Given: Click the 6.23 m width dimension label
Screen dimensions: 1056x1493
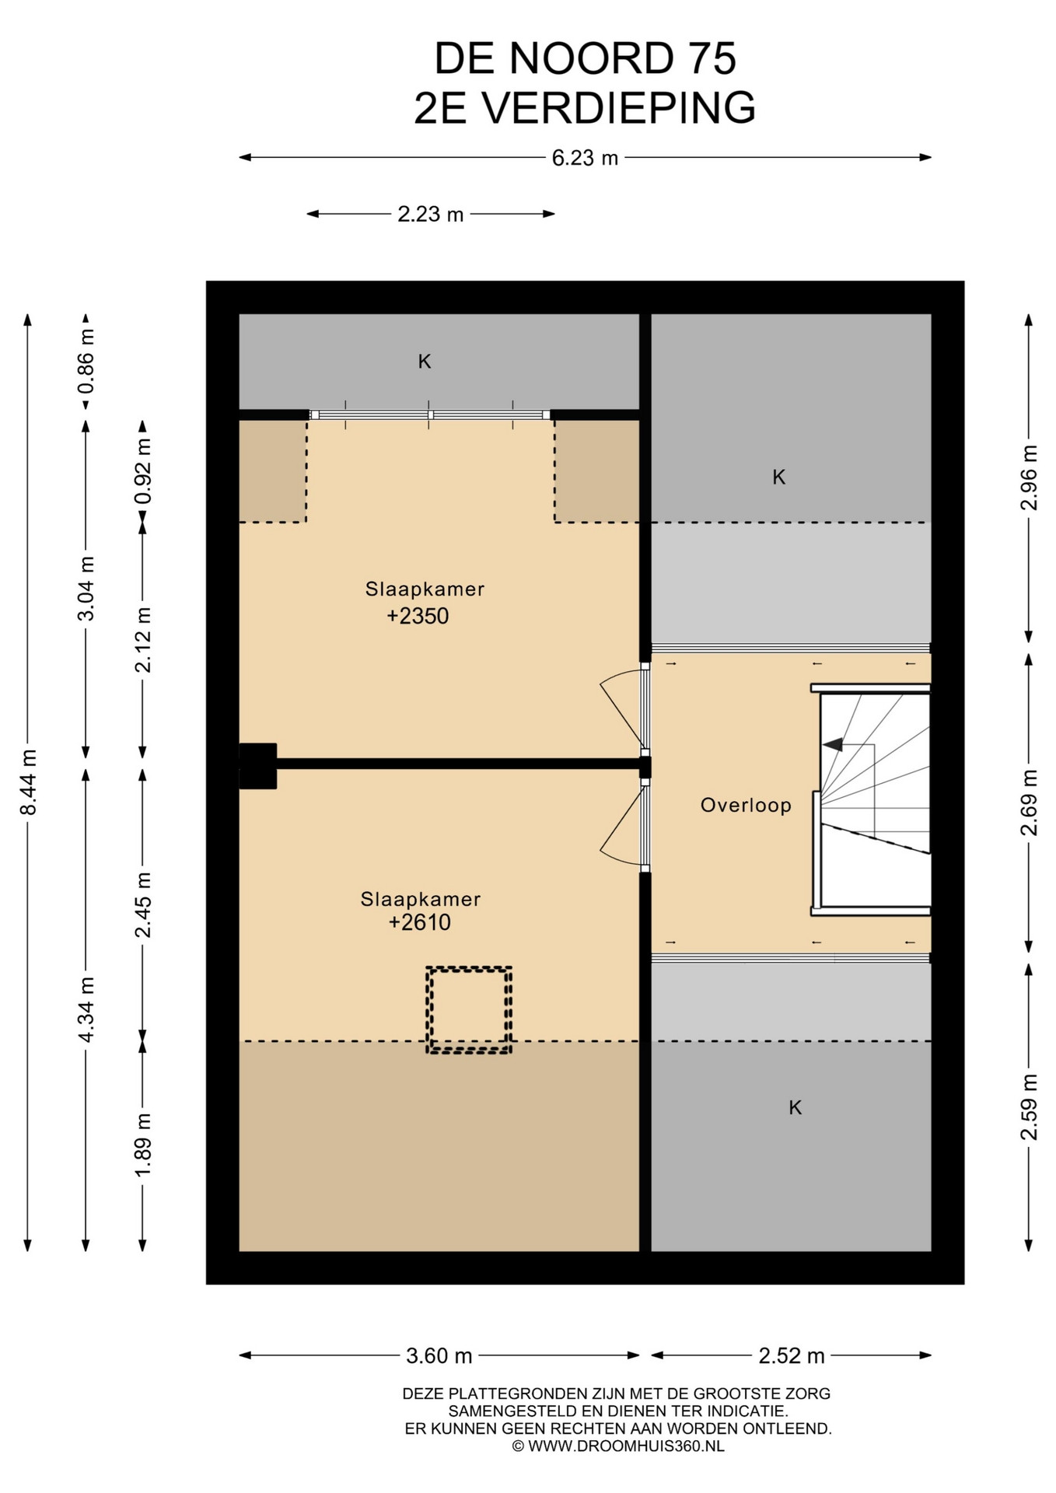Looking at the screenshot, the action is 585,158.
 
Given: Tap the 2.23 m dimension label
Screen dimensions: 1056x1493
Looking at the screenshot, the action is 430,214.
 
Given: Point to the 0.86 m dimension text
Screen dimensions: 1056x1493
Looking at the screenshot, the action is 86,360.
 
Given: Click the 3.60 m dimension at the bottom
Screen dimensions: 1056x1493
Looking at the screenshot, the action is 439,1355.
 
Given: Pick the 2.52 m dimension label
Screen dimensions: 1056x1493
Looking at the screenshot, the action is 791,1355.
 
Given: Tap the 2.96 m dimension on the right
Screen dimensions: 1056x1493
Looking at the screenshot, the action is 1029,477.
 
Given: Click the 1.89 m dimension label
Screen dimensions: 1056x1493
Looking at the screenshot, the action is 143,1145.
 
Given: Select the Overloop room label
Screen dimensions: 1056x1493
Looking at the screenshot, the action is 746,805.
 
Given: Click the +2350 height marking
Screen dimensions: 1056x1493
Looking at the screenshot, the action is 418,616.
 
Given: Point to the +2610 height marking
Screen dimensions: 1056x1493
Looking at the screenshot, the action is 420,922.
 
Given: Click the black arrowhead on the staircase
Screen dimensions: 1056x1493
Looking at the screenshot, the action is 833,744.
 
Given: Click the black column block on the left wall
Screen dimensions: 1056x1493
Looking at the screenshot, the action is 257,766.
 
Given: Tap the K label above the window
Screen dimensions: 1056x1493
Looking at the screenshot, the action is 425,361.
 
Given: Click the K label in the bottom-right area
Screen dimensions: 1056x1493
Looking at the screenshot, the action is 795,1107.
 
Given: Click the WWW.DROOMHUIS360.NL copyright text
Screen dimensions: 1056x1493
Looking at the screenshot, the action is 626,1446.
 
